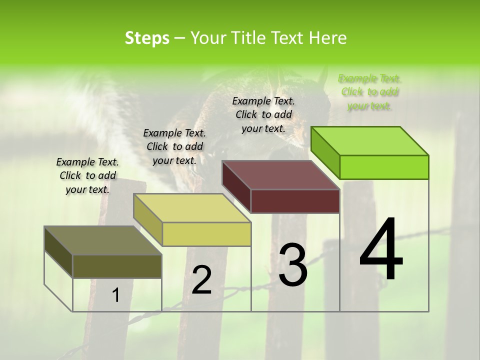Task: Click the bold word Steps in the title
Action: (x=146, y=38)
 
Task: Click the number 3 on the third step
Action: (x=292, y=265)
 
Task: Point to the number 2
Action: (x=202, y=280)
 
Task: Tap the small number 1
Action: (x=116, y=295)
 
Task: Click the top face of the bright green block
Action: (x=370, y=140)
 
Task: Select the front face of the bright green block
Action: (x=384, y=167)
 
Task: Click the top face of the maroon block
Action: (x=281, y=175)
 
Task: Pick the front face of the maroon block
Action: (x=295, y=201)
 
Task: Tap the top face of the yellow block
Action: (x=192, y=208)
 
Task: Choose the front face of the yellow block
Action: (x=206, y=234)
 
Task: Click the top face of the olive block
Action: (x=103, y=240)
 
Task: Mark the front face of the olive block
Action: (x=117, y=266)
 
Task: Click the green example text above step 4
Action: (x=369, y=92)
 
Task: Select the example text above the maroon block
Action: (x=263, y=114)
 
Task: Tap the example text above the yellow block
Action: (x=174, y=146)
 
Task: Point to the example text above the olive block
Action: (x=87, y=175)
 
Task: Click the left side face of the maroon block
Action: (x=236, y=186)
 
